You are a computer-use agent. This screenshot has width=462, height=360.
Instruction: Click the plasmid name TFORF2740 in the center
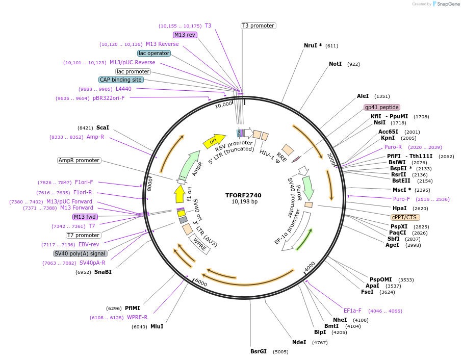click(x=243, y=195)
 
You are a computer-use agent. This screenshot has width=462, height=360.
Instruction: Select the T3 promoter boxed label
click(x=258, y=25)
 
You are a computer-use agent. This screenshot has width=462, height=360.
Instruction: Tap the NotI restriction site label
click(x=335, y=64)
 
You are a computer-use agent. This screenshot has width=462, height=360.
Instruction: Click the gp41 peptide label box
click(x=382, y=107)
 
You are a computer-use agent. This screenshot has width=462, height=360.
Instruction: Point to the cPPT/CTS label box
click(x=405, y=217)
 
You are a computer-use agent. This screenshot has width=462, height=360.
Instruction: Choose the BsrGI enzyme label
click(x=259, y=351)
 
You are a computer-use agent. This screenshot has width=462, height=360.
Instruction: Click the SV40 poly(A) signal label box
click(x=80, y=253)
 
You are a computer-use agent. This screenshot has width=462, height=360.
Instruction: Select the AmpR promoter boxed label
click(x=79, y=160)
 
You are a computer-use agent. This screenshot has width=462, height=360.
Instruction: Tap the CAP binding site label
click(x=121, y=80)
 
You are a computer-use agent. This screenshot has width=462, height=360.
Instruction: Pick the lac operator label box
click(x=154, y=53)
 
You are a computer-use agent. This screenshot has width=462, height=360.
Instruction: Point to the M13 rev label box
click(x=185, y=35)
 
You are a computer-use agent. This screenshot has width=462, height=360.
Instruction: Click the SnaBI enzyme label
click(x=103, y=272)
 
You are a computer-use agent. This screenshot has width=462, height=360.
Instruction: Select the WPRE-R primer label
click(x=137, y=317)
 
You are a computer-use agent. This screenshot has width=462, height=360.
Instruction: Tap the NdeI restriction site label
click(x=299, y=342)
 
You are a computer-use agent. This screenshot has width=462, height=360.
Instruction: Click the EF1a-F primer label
click(x=352, y=311)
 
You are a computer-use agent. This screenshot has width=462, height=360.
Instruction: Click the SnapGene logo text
click(x=446, y=4)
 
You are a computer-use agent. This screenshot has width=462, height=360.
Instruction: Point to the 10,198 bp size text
click(x=244, y=202)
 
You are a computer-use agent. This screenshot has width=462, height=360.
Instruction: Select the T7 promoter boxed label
click(x=84, y=235)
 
